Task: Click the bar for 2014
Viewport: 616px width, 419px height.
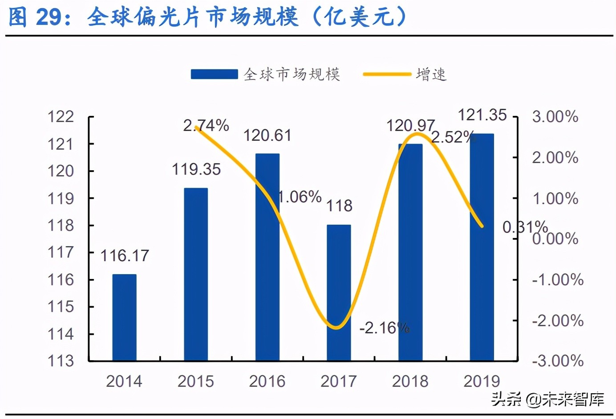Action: (x=124, y=317)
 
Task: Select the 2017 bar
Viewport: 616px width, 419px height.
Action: (x=339, y=292)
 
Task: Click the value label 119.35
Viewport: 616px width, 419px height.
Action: (x=196, y=169)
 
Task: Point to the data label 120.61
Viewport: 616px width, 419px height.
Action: (x=267, y=136)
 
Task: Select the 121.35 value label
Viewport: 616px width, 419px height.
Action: (x=482, y=115)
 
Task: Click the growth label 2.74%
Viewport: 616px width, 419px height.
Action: (x=206, y=125)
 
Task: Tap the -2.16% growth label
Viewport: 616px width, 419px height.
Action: (x=384, y=328)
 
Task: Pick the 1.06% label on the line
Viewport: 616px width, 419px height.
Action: (x=300, y=197)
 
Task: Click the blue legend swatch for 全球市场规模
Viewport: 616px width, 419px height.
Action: (x=214, y=74)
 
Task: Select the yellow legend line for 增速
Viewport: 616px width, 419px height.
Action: (x=386, y=74)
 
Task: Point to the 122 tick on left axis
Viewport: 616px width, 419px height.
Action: (x=61, y=117)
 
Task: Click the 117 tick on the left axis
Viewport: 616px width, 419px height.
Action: (x=61, y=252)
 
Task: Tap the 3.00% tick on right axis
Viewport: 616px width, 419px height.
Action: (x=555, y=117)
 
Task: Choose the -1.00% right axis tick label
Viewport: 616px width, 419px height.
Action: (x=558, y=280)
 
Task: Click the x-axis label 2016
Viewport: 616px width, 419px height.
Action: (x=267, y=381)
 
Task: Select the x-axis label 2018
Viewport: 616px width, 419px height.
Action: (x=410, y=381)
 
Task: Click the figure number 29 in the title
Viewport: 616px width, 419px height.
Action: (x=48, y=17)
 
